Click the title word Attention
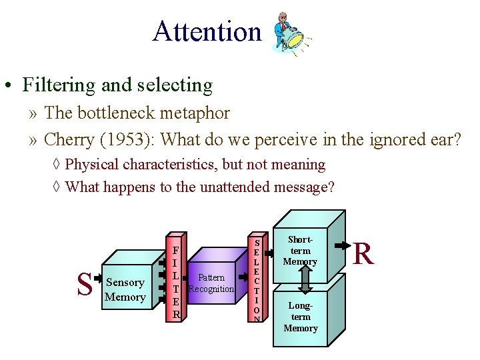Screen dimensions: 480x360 click(x=207, y=31)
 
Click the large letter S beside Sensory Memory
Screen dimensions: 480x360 click(x=84, y=285)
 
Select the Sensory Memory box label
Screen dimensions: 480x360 click(x=125, y=290)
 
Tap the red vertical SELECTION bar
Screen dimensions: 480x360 click(x=257, y=280)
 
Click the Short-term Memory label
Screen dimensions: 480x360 click(x=300, y=250)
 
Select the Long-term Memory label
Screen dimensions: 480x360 click(x=300, y=317)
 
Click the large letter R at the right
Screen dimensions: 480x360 click(x=363, y=253)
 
